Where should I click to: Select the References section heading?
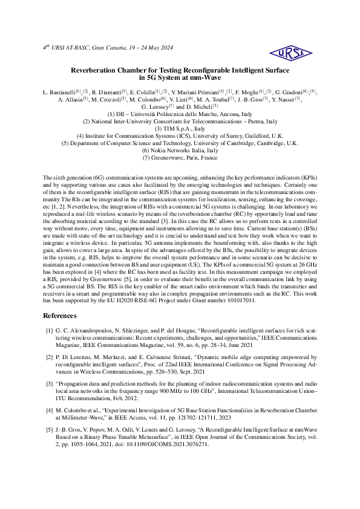60,316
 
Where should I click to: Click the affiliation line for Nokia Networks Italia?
180,150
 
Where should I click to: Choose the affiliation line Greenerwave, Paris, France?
180,157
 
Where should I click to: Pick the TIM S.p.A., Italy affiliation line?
180,128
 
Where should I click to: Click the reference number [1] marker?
50,330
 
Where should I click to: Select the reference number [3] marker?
50,383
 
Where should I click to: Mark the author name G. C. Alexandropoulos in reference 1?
85,330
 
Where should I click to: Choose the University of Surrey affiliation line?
180,135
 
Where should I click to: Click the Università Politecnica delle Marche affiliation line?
180,114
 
